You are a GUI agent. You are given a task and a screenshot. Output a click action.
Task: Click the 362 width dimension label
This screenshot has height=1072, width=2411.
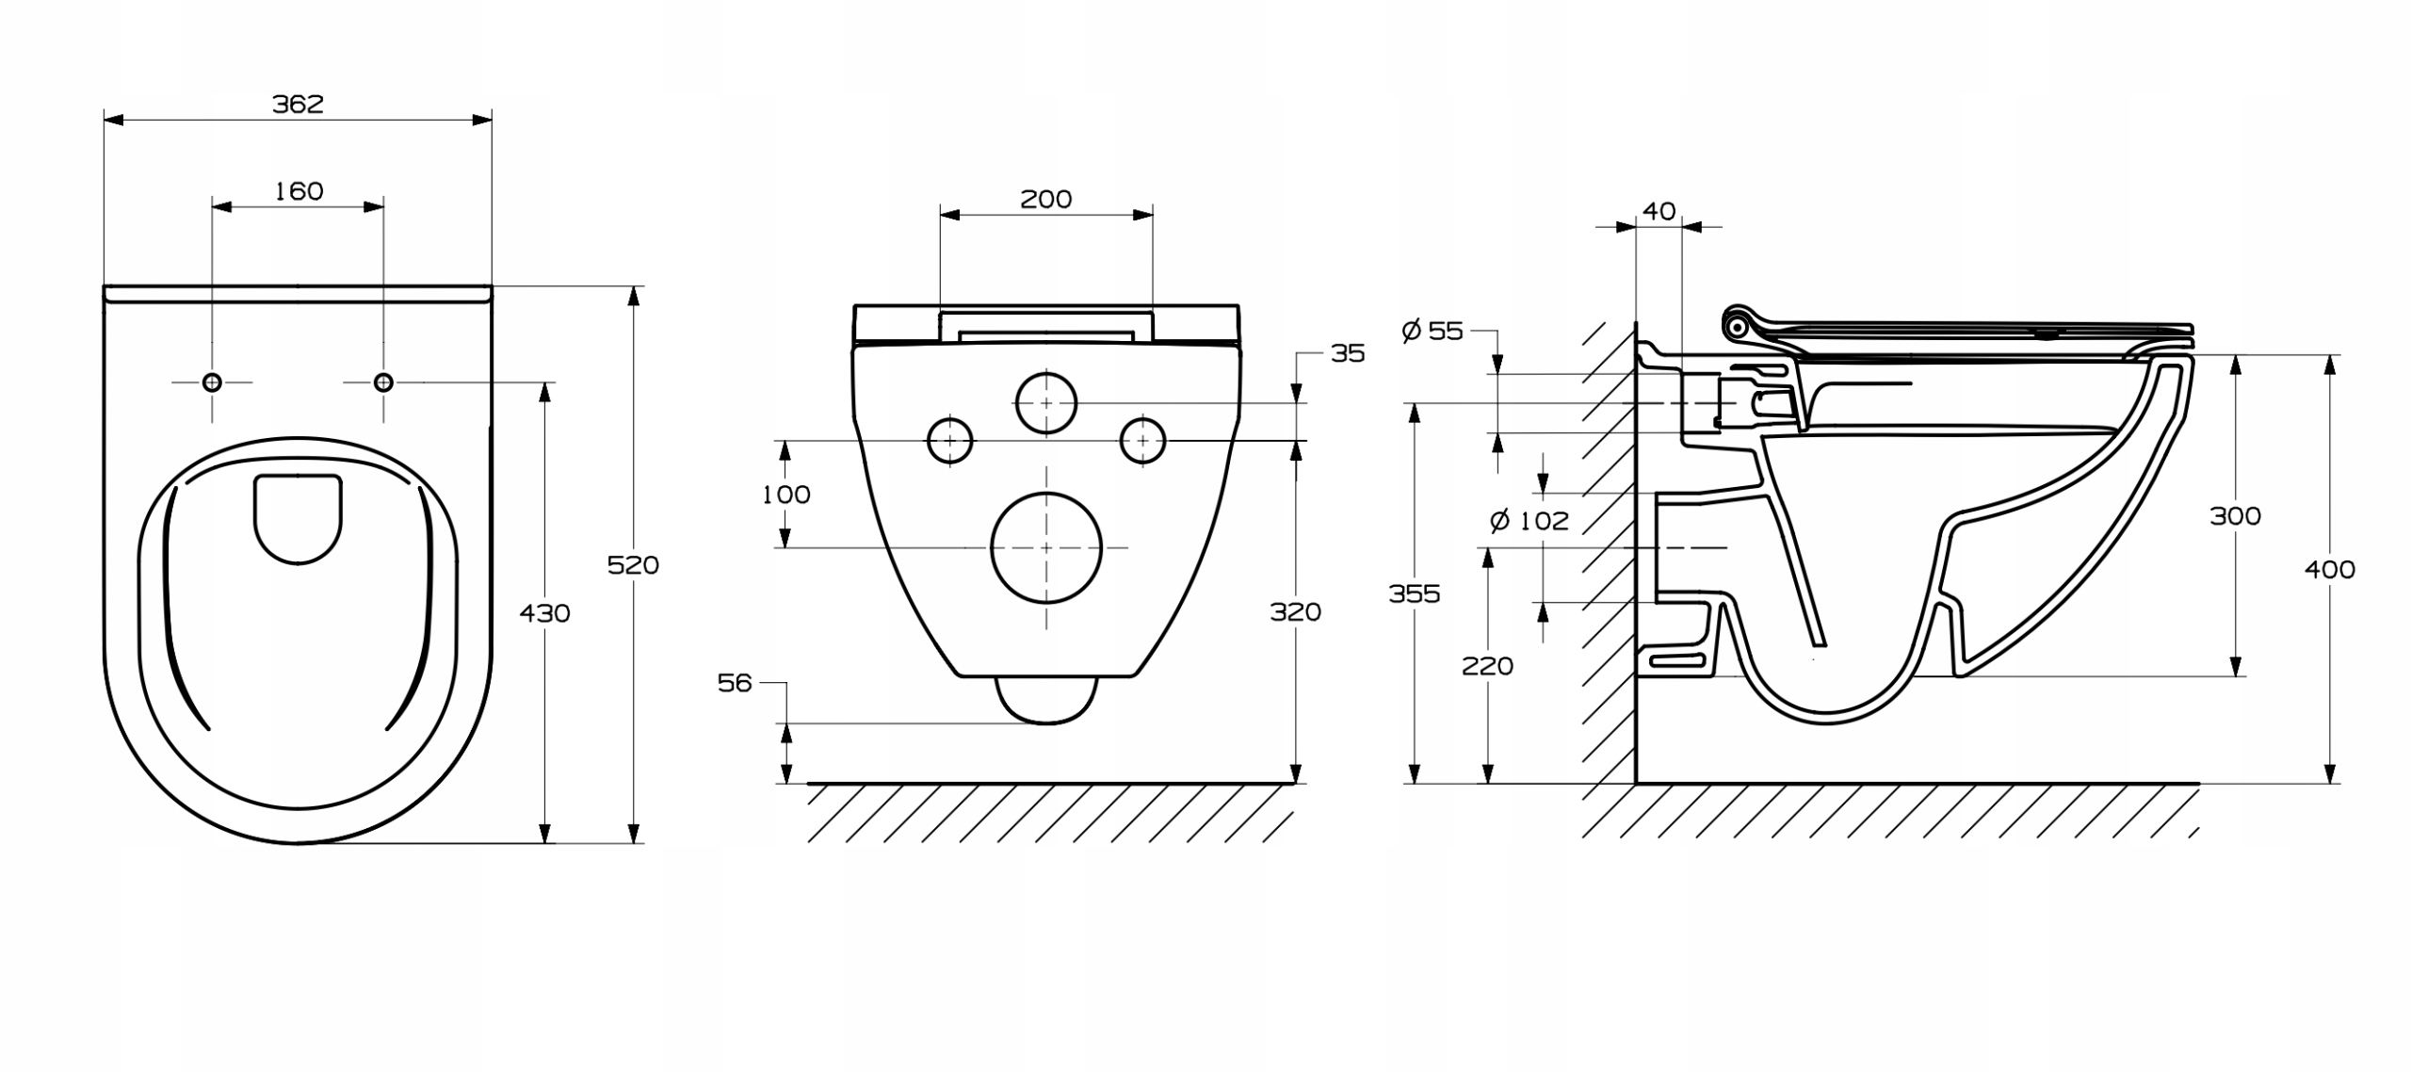[x=298, y=104]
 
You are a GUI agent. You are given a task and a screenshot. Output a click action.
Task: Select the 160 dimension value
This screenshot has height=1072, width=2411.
[x=299, y=191]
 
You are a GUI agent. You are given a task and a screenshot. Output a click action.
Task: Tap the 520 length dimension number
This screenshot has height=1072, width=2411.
[x=633, y=565]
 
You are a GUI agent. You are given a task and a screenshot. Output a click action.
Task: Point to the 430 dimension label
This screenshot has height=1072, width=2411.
[x=544, y=613]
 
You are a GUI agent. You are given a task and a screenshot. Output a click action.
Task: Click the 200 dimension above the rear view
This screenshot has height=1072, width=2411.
[x=1045, y=200]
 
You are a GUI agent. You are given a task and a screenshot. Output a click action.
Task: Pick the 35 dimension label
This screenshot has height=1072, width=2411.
[x=1347, y=353]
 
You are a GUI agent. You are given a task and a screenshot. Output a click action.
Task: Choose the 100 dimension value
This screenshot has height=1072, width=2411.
[x=785, y=495]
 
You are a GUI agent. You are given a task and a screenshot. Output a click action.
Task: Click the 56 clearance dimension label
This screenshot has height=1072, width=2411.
[x=735, y=683]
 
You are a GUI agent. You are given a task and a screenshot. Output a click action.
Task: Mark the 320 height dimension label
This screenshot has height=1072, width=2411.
[x=1295, y=612]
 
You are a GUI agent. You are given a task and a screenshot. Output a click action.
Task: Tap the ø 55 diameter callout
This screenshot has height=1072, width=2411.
[x=1432, y=331]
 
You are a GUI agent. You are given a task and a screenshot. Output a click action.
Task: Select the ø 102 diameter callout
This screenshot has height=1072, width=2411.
[x=1529, y=521]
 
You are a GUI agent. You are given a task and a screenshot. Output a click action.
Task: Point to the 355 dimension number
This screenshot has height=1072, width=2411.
[x=1414, y=593]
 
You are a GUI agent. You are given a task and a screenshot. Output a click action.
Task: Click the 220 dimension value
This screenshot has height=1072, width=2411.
[x=1487, y=666]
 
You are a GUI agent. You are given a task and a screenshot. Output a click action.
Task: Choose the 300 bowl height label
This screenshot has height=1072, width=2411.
[x=2235, y=516]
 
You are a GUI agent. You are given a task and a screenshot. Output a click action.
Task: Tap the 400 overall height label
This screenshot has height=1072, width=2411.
[x=2329, y=569]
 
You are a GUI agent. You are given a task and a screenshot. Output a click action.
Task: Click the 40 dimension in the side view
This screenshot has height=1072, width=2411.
[x=1659, y=211]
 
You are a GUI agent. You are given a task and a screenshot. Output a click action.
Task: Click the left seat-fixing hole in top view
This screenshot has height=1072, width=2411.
[x=212, y=382]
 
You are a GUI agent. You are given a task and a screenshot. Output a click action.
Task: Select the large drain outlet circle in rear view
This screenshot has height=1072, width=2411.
[x=1045, y=547]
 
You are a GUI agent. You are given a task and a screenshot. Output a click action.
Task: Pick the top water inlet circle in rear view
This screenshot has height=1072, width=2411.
[x=1045, y=403]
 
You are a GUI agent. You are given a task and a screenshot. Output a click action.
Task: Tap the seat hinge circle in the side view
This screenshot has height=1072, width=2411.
[x=1737, y=327]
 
